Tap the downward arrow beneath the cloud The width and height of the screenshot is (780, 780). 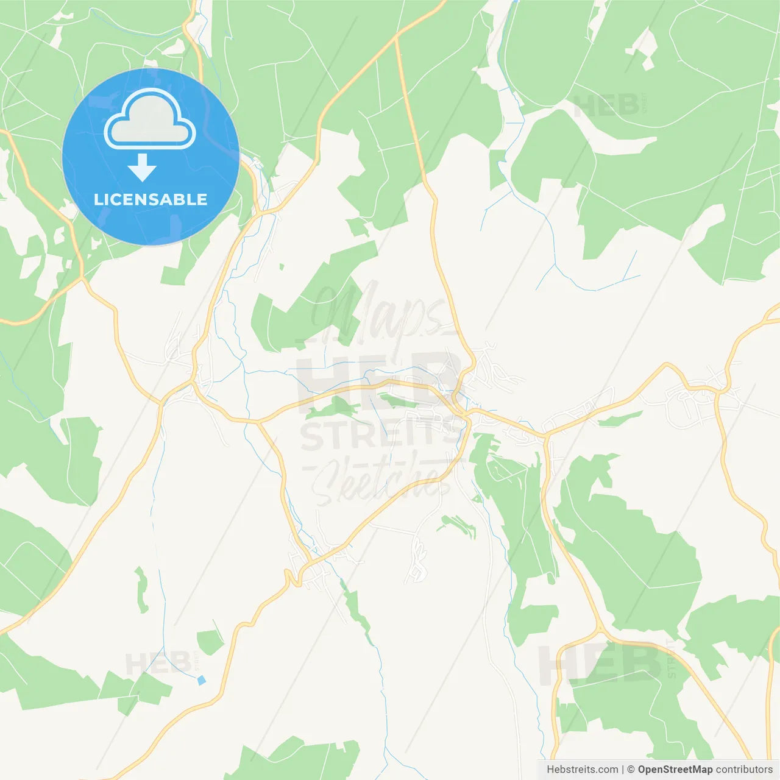[x=142, y=167]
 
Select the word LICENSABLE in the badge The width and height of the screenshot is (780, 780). [x=151, y=199]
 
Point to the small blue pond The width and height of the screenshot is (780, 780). [x=202, y=679]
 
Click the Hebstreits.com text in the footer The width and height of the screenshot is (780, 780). [x=582, y=770]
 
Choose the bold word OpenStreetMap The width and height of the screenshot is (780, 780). [x=675, y=770]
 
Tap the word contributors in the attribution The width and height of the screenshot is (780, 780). [x=744, y=770]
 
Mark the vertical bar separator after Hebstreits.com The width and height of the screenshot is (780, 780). [x=623, y=770]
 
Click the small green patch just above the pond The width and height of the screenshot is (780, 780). [x=210, y=642]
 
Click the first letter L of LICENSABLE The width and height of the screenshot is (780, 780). [x=97, y=199]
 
